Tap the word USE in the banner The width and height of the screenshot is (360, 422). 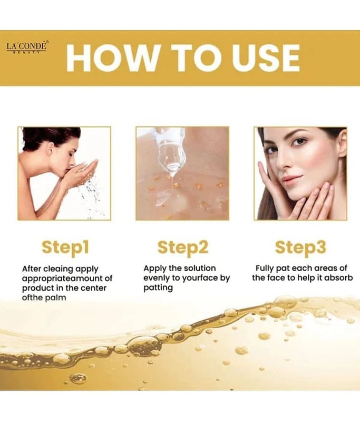click(265, 58)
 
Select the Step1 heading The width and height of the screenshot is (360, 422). click(65, 247)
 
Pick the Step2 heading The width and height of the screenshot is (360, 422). click(183, 247)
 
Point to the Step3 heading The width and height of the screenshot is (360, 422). click(300, 247)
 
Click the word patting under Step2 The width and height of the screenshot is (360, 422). click(158, 287)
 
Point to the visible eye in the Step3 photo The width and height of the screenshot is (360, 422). click(299, 141)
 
